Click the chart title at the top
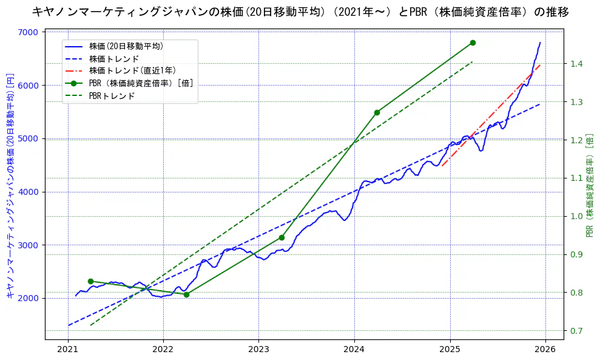coord(300,12)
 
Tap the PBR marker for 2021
coord(90,281)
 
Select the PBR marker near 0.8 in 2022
coord(186,294)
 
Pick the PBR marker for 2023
coord(281,237)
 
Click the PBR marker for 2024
coord(377,112)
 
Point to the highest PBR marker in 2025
coord(473,42)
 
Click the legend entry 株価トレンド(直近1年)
coord(132,70)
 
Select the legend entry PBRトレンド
coord(112,96)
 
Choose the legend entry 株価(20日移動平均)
coord(126,46)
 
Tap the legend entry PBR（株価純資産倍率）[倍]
coord(141,83)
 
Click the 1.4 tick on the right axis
coord(576,64)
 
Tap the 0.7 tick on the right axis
coord(576,331)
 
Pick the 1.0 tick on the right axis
coord(576,216)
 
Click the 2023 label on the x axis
coord(258,350)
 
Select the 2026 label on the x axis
coord(545,350)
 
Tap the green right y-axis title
coord(589,186)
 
